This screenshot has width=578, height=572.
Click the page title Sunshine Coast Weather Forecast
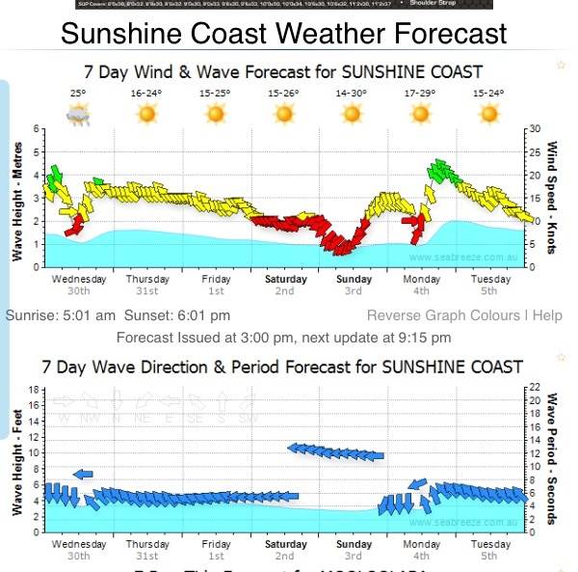coord(283,34)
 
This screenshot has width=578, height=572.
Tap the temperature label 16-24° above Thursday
coord(146,94)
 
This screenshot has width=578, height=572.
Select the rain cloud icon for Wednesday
coord(78,115)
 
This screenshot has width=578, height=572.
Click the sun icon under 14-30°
coord(352,114)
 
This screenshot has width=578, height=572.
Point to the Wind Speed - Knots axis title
coord(552,198)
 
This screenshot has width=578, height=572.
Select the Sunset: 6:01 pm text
coord(185,315)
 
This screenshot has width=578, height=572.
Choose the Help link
coord(547,315)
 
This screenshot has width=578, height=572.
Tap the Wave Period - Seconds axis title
coord(552,458)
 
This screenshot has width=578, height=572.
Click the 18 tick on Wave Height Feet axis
coord(32,390)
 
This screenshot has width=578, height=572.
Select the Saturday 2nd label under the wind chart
coord(285,285)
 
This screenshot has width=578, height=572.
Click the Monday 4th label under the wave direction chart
coord(422,550)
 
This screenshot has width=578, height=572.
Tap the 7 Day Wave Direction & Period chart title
coord(281,367)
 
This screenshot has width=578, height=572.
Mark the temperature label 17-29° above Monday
coord(420,94)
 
